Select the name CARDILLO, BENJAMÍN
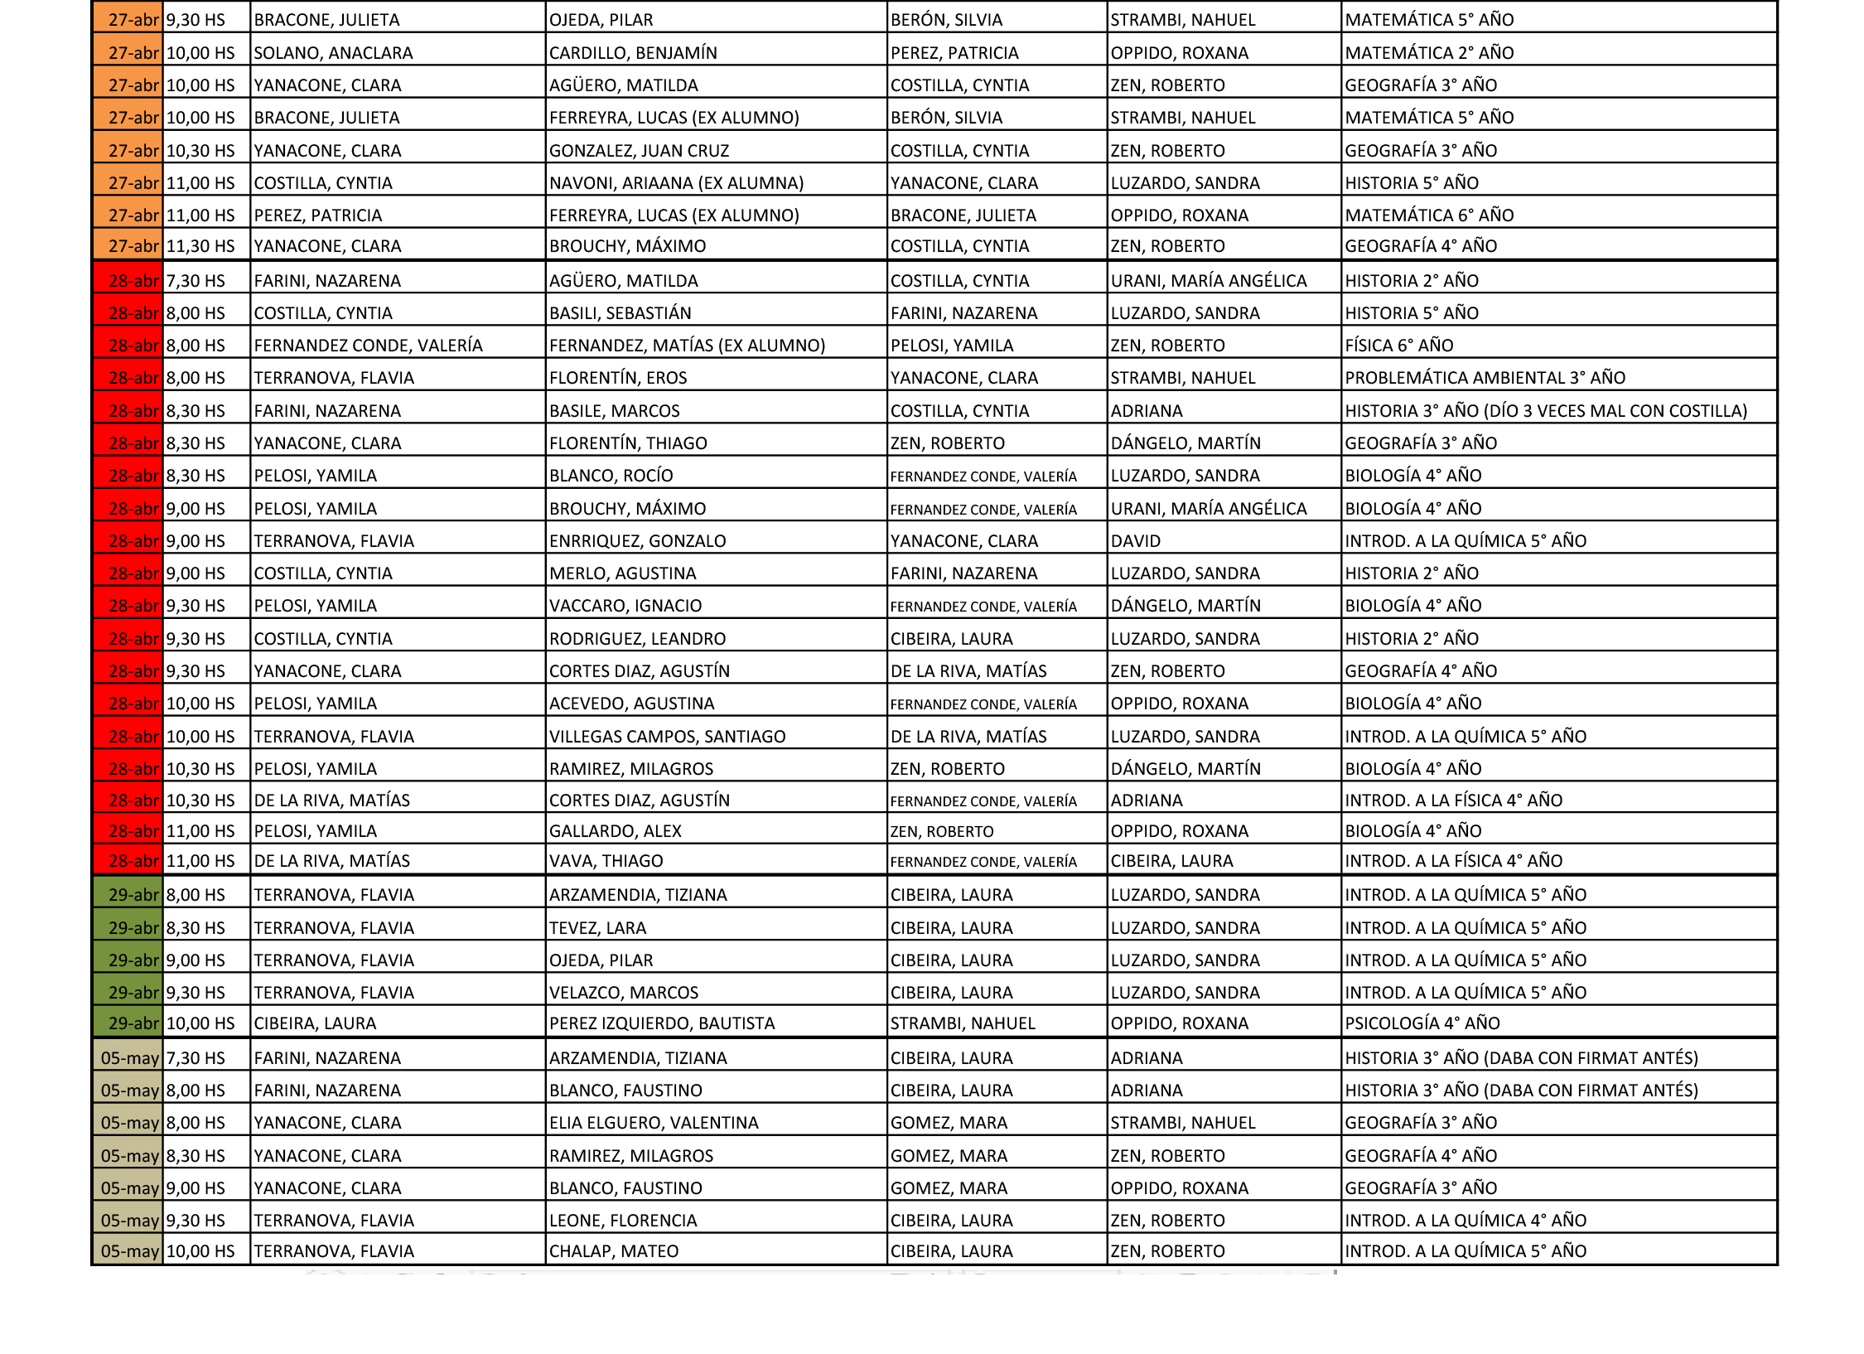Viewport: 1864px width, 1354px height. [633, 53]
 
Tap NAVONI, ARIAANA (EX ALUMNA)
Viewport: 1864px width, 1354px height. [676, 183]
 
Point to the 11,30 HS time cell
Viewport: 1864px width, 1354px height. [200, 246]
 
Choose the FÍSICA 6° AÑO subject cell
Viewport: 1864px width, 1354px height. [1398, 346]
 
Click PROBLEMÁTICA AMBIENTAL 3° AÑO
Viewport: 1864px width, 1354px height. [1485, 378]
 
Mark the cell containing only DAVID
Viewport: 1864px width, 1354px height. [1135, 541]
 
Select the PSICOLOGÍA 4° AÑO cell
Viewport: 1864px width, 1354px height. [1422, 1023]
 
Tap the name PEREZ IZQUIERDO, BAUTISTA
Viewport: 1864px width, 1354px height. [662, 1023]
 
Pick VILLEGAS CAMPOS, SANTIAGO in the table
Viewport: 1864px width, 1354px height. [667, 737]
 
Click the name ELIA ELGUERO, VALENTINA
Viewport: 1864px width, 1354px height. [654, 1123]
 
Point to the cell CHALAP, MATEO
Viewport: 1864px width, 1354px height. [614, 1251]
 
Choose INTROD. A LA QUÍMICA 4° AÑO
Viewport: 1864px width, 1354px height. [1465, 1221]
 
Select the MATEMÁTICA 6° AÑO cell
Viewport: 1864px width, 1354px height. [1429, 215]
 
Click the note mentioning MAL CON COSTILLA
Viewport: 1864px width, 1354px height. [1546, 411]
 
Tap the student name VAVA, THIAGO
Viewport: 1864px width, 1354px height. [606, 861]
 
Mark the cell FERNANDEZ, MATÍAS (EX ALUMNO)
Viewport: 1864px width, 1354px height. [687, 346]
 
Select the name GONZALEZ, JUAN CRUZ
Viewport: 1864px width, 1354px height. [639, 151]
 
